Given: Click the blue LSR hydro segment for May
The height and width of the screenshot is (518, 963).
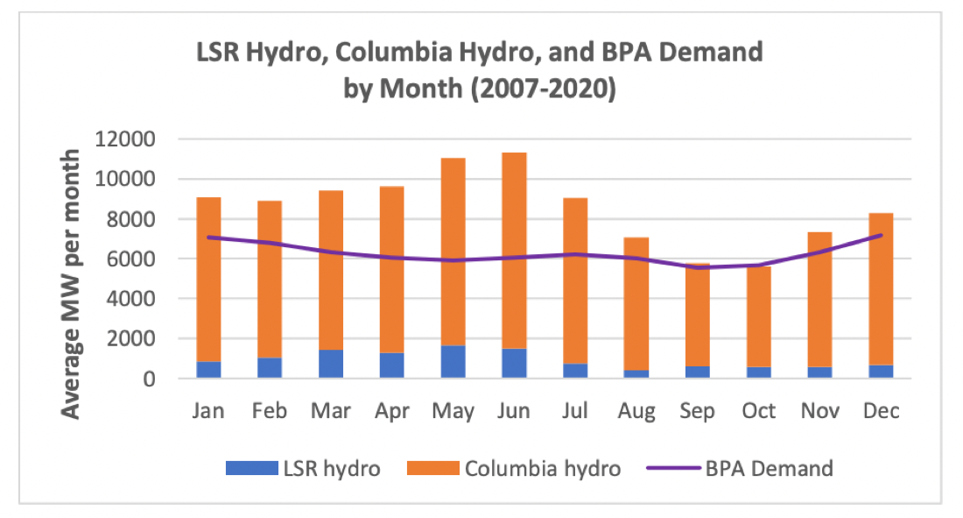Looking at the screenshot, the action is pyautogui.click(x=453, y=362).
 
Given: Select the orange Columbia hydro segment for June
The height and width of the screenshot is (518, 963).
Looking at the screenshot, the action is pyautogui.click(x=514, y=251).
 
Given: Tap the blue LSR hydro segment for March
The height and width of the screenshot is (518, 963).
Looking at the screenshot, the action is pyautogui.click(x=331, y=364).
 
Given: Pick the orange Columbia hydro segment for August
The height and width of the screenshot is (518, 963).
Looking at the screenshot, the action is pyautogui.click(x=636, y=304).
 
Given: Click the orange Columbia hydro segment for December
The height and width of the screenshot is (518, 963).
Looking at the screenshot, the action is pyautogui.click(x=881, y=289).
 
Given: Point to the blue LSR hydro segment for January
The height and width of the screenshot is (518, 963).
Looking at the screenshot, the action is pyautogui.click(x=209, y=370).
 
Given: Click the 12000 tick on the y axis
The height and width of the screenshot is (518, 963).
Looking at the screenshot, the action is pyautogui.click(x=125, y=139).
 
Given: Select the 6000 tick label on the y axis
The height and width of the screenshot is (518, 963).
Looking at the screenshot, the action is pyautogui.click(x=130, y=259).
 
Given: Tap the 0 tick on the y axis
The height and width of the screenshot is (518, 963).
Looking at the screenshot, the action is pyautogui.click(x=149, y=379).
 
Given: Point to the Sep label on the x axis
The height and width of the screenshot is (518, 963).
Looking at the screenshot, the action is pyautogui.click(x=697, y=410).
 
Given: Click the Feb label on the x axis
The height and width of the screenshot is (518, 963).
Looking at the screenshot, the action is pyautogui.click(x=270, y=410).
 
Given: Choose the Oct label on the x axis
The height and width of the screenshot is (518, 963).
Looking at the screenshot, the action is pyautogui.click(x=758, y=410).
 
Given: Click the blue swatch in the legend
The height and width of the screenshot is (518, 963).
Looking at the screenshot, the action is pyautogui.click(x=252, y=468).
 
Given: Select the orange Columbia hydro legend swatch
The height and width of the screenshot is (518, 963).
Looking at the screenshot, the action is pyautogui.click(x=433, y=468).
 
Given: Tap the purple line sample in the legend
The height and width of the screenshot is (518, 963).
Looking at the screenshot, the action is pyautogui.click(x=673, y=468).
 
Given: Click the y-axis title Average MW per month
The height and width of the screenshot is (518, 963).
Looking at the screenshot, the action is pyautogui.click(x=71, y=284).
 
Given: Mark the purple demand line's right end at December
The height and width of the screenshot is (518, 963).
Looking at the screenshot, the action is pyautogui.click(x=882, y=235).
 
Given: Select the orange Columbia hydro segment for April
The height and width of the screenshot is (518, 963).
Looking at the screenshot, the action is pyautogui.click(x=392, y=269).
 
